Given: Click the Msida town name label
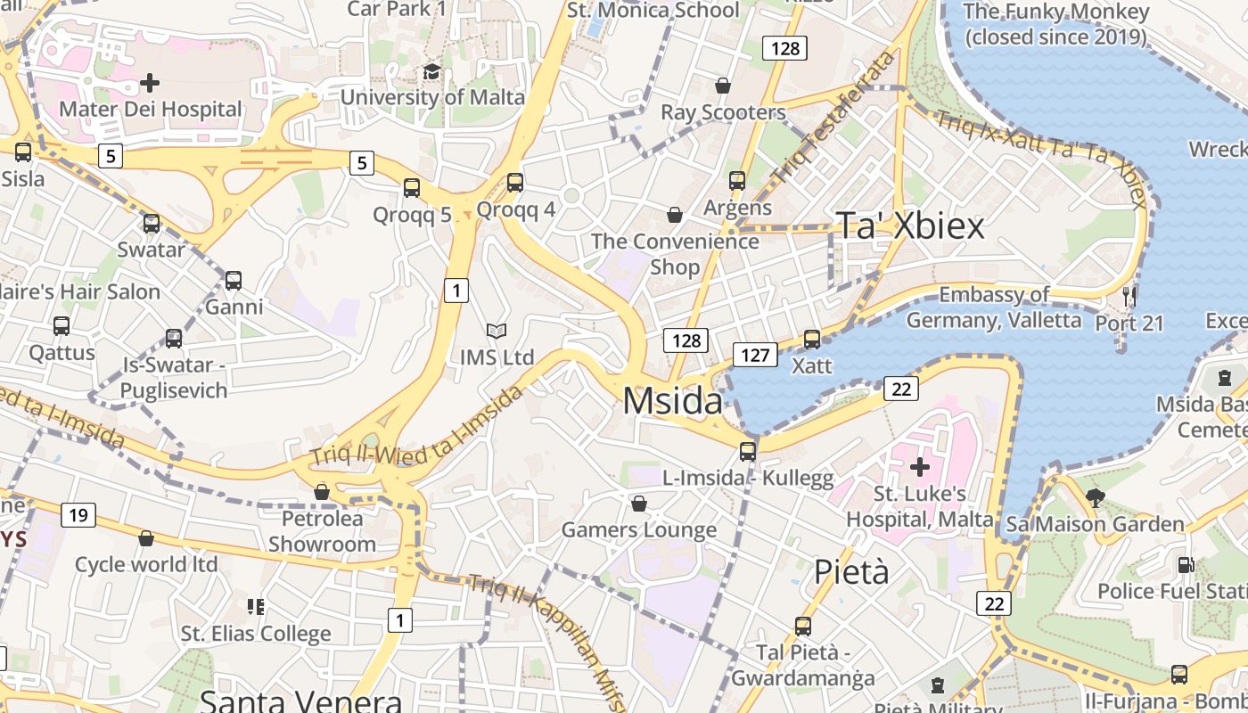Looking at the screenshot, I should (x=672, y=401).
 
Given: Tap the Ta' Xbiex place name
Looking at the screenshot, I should (x=910, y=225).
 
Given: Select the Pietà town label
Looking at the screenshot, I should (x=851, y=571).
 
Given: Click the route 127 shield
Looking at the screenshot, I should (x=754, y=355).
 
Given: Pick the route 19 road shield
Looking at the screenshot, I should (x=79, y=515).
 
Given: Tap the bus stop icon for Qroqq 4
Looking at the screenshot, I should (x=515, y=183).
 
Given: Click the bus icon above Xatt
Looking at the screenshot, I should (x=811, y=340).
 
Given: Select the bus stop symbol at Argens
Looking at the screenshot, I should (x=737, y=181).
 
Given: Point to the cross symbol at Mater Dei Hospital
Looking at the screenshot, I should (x=150, y=83).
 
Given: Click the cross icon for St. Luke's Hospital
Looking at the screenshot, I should (x=919, y=466).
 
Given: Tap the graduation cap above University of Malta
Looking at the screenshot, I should (x=431, y=71).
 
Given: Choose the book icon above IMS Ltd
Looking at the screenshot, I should (x=497, y=332).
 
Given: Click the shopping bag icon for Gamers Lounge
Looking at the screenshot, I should (x=638, y=504).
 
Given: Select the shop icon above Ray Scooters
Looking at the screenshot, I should (x=723, y=86).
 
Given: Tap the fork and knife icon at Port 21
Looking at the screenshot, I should (x=1129, y=295).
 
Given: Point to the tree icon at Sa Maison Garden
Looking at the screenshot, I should (x=1096, y=498).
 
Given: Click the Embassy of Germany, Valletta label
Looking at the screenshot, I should (x=993, y=307).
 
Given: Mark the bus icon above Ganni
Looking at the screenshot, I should (x=234, y=281).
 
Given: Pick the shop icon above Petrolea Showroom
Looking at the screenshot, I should (x=322, y=492).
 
